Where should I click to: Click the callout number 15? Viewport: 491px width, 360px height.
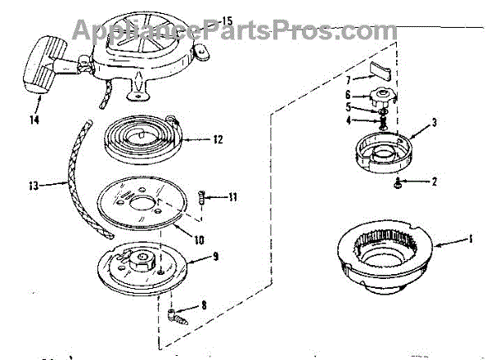click(x=227, y=19)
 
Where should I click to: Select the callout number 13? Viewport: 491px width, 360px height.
click(x=33, y=185)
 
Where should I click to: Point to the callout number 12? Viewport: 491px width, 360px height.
click(x=217, y=139)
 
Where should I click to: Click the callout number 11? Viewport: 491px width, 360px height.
click(x=232, y=196)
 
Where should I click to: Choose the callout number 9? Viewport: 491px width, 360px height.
click(x=215, y=256)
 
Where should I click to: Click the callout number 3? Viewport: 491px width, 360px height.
click(x=434, y=122)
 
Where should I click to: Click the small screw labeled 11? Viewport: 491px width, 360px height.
click(x=204, y=197)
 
